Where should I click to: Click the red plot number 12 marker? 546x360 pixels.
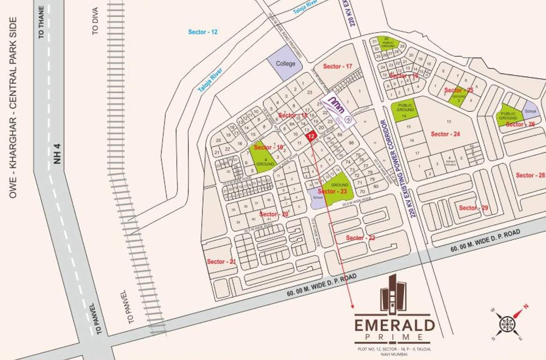click(x=310, y=136)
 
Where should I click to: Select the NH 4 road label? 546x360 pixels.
click(x=57, y=154)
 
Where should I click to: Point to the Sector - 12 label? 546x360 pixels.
click(x=203, y=32)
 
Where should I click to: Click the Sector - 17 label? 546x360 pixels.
click(x=337, y=67)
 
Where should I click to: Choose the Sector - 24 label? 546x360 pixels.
click(x=445, y=134)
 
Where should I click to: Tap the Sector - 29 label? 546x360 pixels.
click(x=473, y=208)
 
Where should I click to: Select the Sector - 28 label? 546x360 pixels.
click(x=530, y=175)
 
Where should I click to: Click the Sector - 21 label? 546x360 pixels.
click(x=221, y=262)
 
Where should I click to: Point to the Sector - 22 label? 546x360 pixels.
click(x=360, y=238)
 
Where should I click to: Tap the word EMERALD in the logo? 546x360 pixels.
click(x=394, y=325)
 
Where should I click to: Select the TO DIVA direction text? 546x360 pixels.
click(x=96, y=21)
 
